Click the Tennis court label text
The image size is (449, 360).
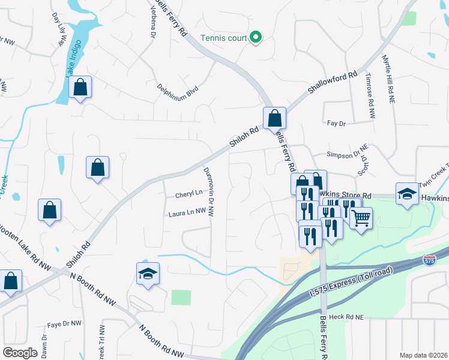click(x=223, y=38)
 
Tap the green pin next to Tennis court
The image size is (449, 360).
click(x=256, y=38)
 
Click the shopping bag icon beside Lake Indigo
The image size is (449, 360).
click(x=80, y=88)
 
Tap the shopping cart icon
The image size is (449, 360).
click(x=361, y=219)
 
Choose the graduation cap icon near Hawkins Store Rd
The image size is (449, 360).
click(x=407, y=194)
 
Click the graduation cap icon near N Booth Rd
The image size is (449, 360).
click(x=148, y=274)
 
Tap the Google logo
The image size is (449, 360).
click(x=20, y=353)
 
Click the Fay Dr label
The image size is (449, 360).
click(x=337, y=124)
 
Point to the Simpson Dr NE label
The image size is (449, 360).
click(x=346, y=154)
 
